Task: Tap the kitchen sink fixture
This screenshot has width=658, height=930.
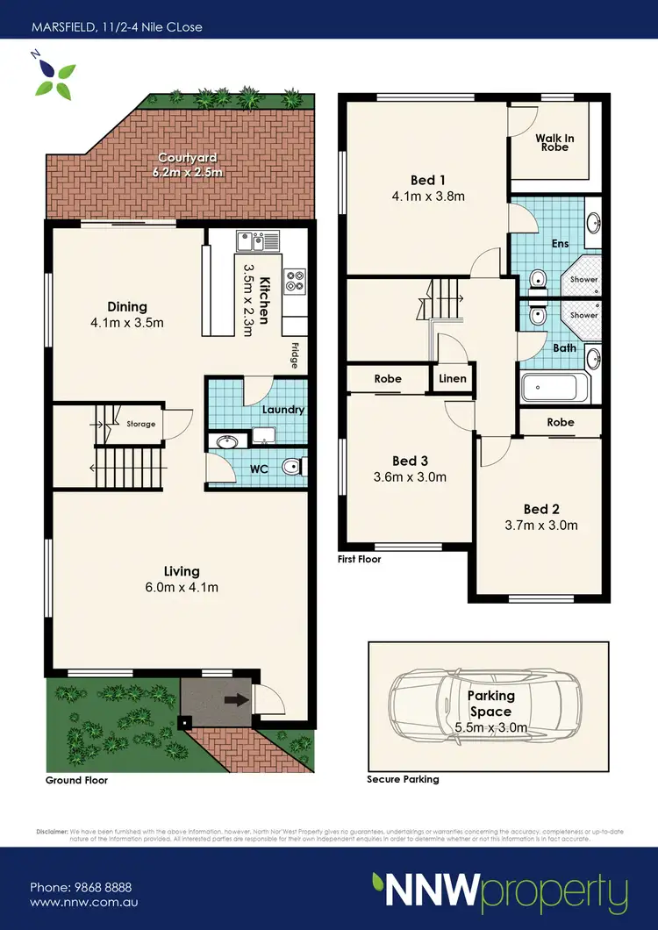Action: (x=256, y=240)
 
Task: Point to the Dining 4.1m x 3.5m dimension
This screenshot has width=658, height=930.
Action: (x=127, y=322)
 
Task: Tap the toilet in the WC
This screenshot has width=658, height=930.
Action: (x=292, y=468)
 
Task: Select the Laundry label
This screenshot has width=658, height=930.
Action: (x=283, y=410)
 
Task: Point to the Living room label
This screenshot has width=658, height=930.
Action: (x=181, y=571)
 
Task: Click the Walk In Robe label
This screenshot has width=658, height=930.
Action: (x=553, y=142)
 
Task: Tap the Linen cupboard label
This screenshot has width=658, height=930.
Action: (x=453, y=379)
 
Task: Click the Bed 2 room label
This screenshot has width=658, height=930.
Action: (x=541, y=509)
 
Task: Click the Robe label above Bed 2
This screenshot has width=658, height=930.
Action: (x=561, y=422)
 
